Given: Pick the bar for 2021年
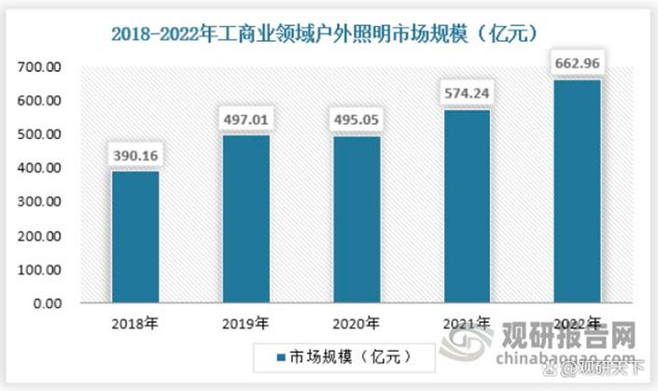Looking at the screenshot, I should click(x=466, y=206).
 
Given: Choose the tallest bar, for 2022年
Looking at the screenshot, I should click(x=576, y=191).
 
